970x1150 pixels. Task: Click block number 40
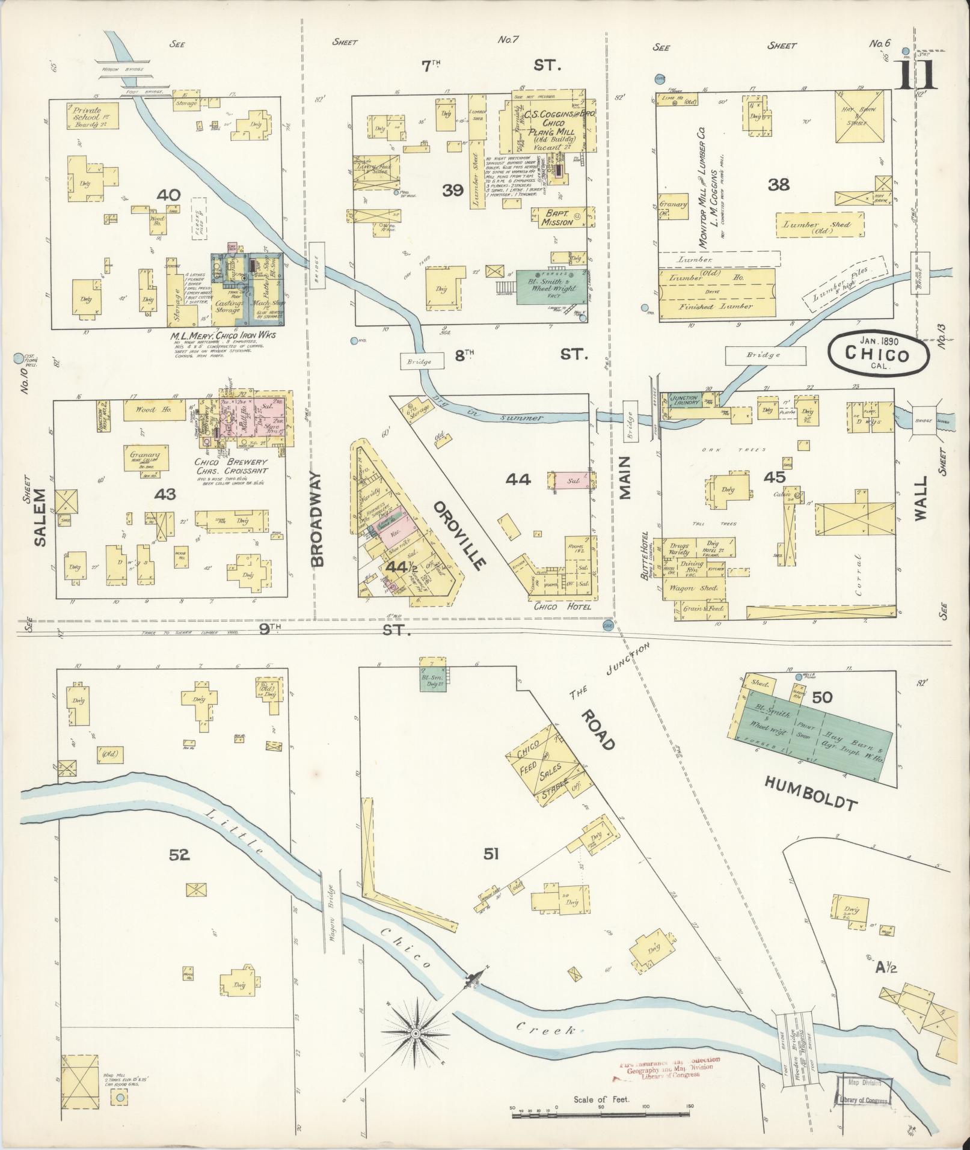coord(168,194)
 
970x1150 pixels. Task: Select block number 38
coord(779,185)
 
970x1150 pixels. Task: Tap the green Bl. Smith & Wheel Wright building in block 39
coord(549,287)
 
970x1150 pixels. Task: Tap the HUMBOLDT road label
coord(810,792)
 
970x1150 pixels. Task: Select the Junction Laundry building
coord(685,400)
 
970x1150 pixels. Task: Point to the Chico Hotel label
coord(562,607)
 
